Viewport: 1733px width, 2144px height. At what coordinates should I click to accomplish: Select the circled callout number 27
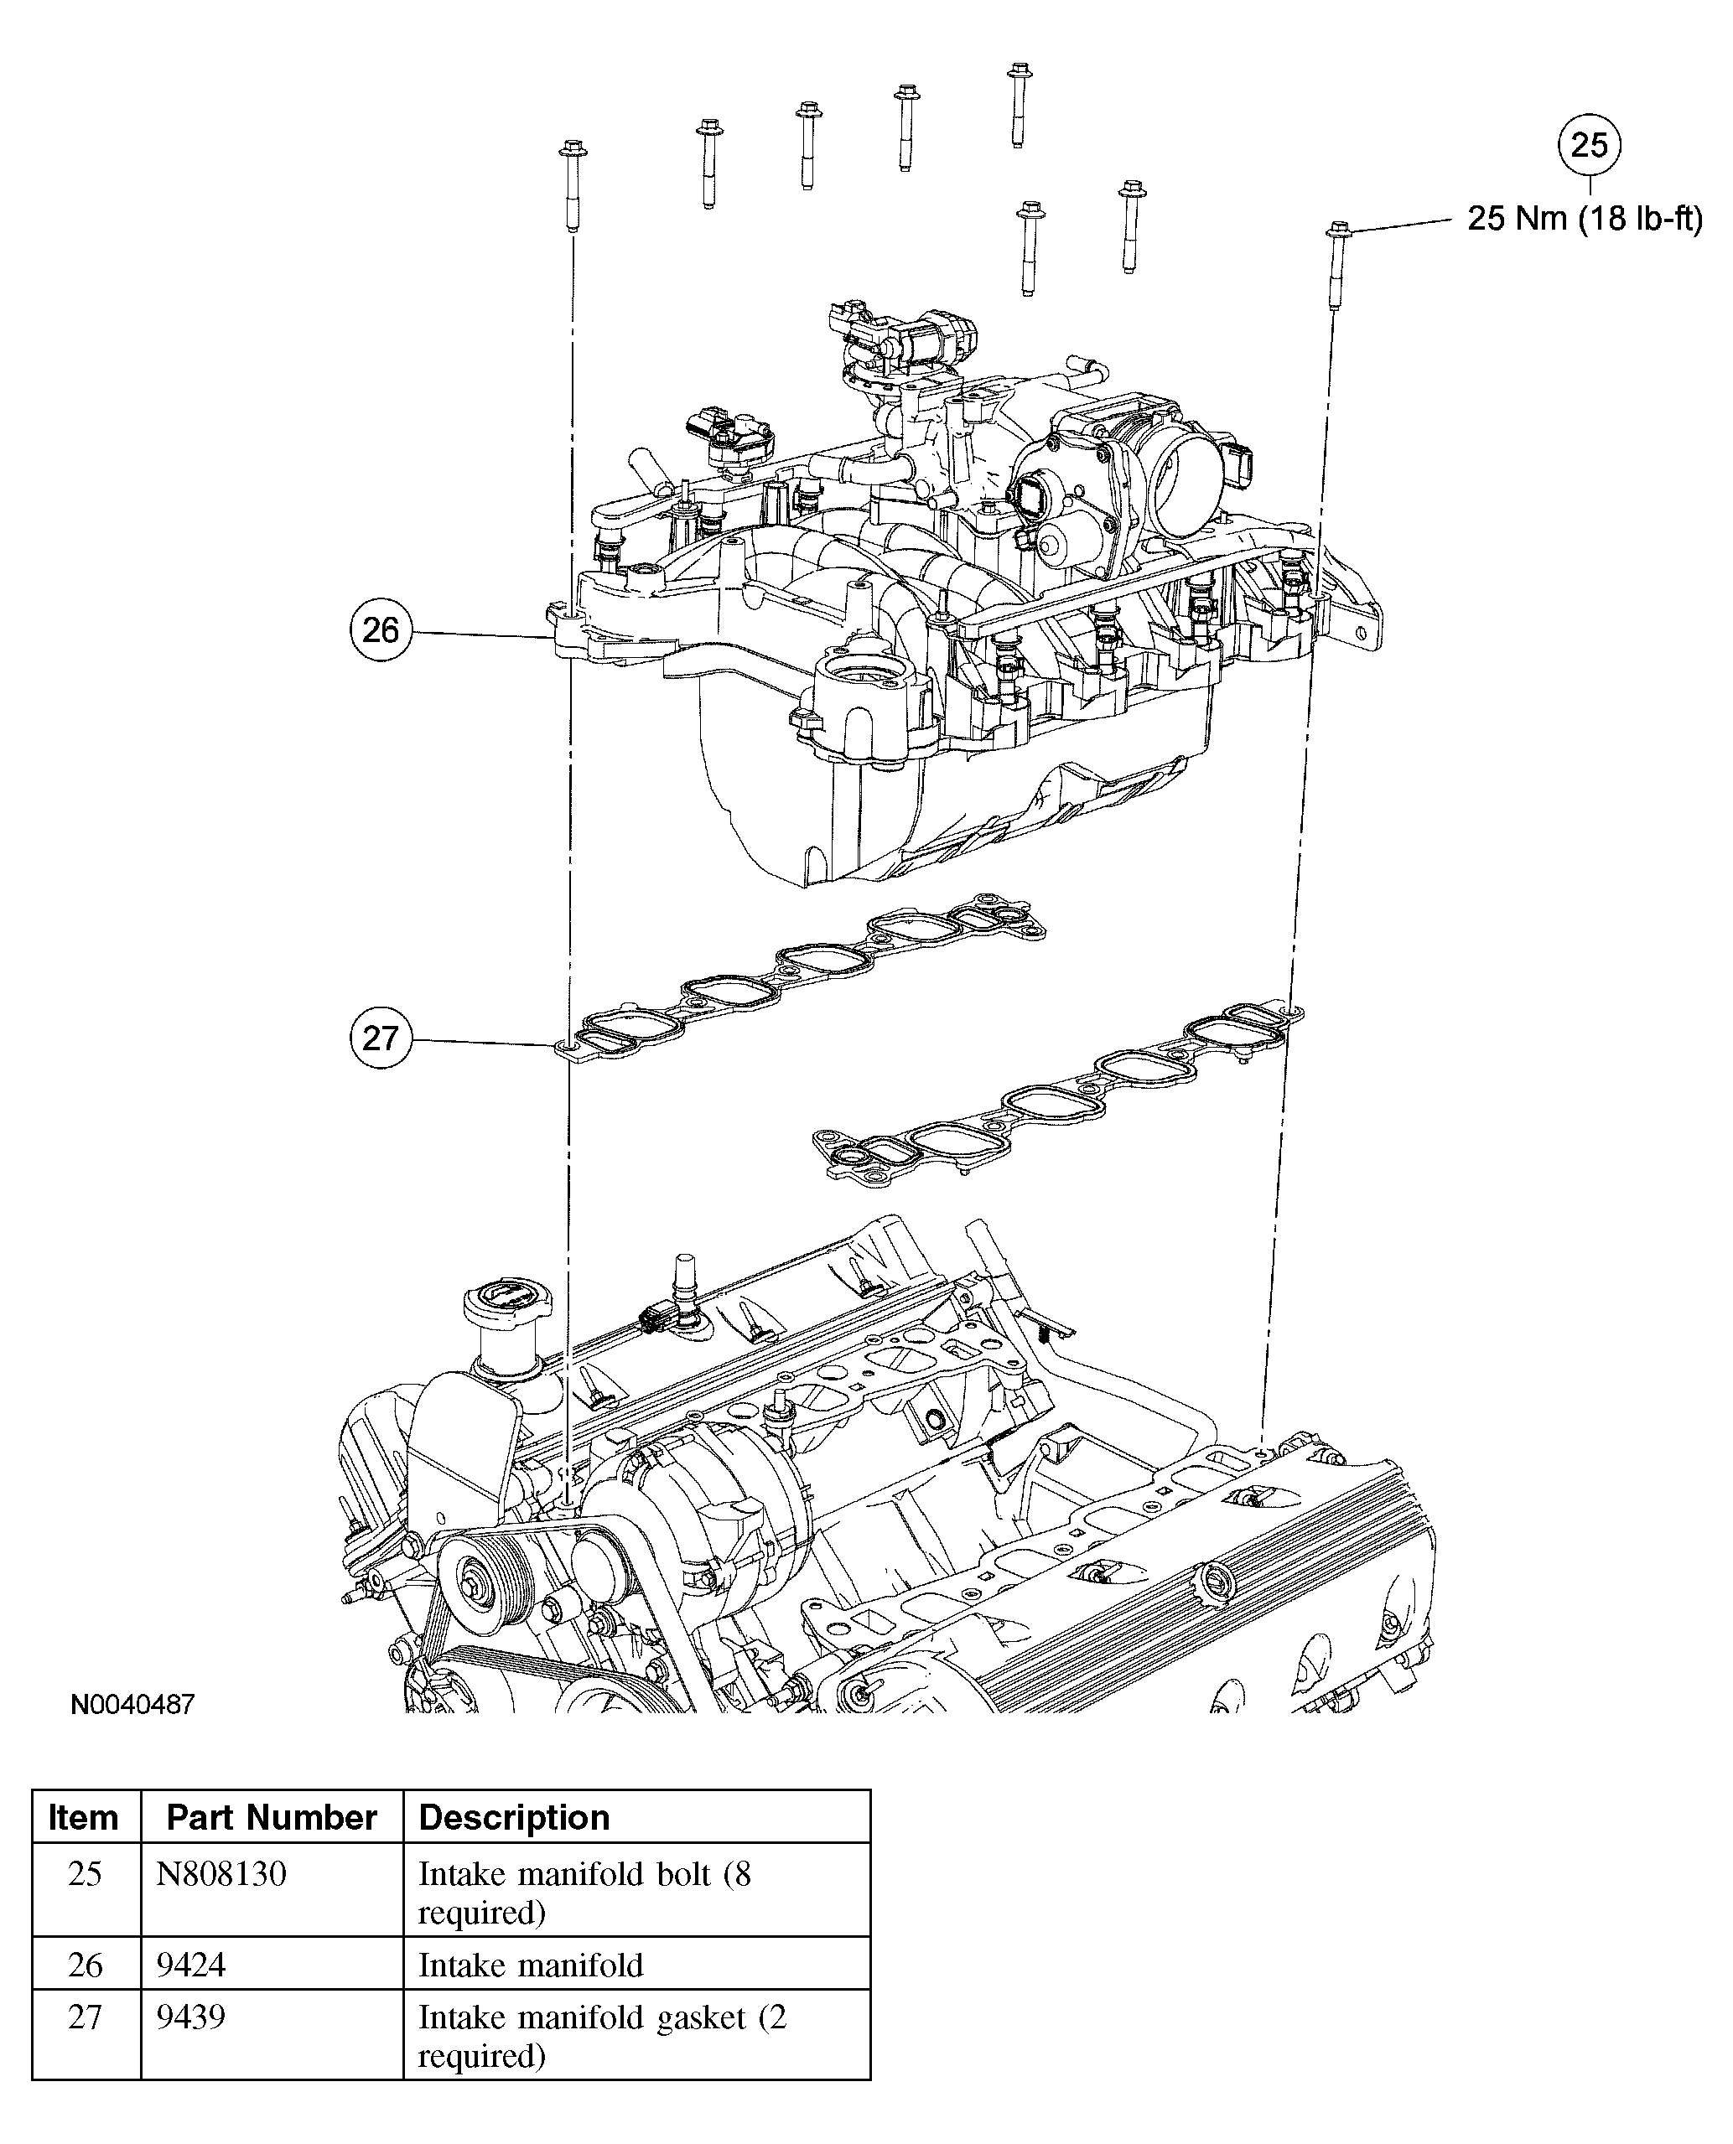pyautogui.click(x=381, y=1038)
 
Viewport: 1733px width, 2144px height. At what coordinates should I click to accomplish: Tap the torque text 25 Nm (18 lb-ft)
pyautogui.click(x=1585, y=219)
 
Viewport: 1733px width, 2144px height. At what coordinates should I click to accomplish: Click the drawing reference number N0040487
pyautogui.click(x=132, y=1704)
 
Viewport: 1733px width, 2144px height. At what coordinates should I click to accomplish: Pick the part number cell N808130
pyautogui.click(x=221, y=1874)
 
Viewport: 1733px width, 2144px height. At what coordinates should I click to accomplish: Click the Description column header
pyautogui.click(x=514, y=1818)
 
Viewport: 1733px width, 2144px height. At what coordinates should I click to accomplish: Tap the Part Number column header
pyautogui.click(x=272, y=1818)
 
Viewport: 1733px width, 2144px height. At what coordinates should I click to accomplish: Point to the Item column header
pyautogui.click(x=84, y=1818)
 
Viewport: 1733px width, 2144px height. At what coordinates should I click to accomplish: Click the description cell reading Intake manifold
pyautogui.click(x=530, y=1965)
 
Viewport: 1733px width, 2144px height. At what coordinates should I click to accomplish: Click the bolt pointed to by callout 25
pyautogui.click(x=1337, y=265)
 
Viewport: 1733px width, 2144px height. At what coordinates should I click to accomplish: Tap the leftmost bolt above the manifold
pyautogui.click(x=572, y=184)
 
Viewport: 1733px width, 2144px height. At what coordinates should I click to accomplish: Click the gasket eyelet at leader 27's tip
pyautogui.click(x=565, y=1046)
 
